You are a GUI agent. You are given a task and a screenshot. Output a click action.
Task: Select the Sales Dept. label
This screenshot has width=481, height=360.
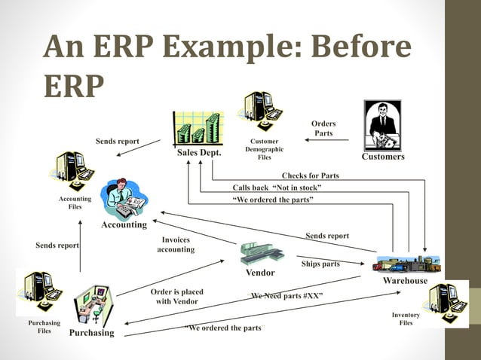199,153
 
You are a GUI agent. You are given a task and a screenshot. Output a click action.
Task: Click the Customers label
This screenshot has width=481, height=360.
383,157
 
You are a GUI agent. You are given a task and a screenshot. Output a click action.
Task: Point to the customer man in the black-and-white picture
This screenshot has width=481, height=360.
383,125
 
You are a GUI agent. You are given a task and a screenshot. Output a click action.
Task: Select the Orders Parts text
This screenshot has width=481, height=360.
323,129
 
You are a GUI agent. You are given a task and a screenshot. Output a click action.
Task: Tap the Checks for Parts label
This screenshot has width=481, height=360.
310,175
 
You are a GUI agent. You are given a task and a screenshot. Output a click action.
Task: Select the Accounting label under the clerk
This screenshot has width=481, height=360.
124,224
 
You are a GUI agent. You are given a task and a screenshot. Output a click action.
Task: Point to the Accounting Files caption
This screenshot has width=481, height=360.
75,203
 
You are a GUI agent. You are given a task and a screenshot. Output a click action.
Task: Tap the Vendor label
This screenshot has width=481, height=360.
260,272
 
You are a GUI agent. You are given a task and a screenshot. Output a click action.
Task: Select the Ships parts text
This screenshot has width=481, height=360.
320,264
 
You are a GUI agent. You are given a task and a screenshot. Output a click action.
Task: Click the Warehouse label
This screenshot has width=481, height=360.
405,281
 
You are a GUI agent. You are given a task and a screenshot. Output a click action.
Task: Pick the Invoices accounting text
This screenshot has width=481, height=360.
176,245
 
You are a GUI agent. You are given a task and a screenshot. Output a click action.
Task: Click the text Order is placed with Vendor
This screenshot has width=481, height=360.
177,296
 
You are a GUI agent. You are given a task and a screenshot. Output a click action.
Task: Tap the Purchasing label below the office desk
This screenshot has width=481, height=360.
92,333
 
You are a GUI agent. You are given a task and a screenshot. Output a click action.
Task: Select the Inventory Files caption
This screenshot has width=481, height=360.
406,319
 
